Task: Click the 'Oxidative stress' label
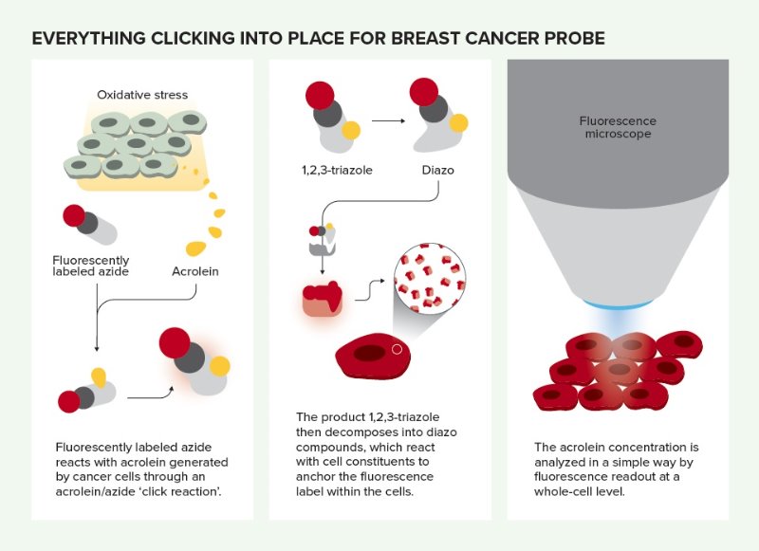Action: pyautogui.click(x=142, y=95)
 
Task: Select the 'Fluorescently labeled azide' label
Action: pyautogui.click(x=91, y=266)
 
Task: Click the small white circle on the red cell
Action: pyautogui.click(x=397, y=349)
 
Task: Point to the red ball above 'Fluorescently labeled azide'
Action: pyautogui.click(x=73, y=215)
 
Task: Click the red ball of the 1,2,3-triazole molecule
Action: pyautogui.click(x=319, y=96)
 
